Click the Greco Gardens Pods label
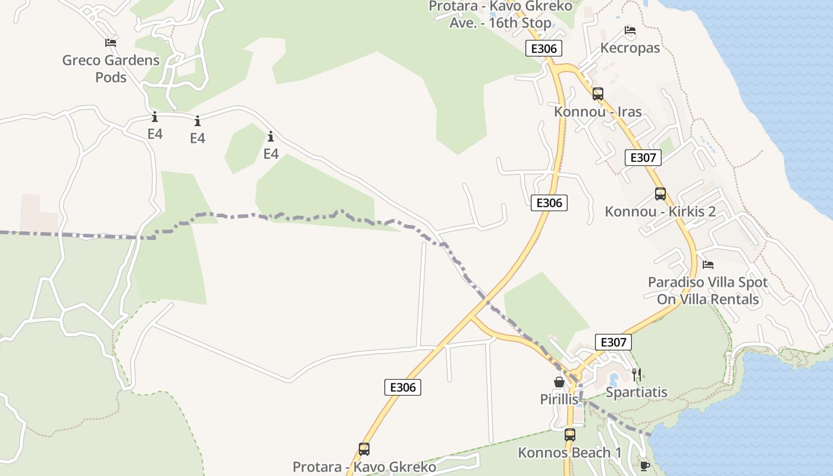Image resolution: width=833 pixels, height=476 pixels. point(111,68)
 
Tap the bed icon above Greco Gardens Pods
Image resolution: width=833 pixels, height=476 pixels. point(111,42)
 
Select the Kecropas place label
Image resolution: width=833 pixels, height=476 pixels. point(630,48)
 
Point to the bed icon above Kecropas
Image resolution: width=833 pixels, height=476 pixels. point(630,30)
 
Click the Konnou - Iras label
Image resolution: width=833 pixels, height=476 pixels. point(597,112)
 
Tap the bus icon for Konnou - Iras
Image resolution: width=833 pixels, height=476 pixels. point(598,93)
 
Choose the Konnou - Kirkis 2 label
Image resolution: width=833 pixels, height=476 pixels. point(660,212)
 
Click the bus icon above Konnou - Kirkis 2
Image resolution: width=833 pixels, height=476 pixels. point(660,193)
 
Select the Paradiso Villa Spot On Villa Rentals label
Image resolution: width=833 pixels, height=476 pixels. point(707,290)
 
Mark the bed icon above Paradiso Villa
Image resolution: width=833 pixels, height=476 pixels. point(708,264)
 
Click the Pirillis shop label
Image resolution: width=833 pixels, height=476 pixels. point(559,399)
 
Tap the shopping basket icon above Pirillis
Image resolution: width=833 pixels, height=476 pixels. point(559,382)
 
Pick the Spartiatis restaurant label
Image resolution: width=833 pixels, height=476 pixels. point(636,392)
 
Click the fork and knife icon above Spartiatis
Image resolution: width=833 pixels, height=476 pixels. point(637,374)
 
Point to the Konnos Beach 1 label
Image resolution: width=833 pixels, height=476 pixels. point(569,453)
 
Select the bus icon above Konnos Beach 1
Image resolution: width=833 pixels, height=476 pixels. point(570,434)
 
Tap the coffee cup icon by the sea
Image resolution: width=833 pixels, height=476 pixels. point(644,466)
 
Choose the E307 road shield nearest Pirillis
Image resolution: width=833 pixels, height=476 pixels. point(613,342)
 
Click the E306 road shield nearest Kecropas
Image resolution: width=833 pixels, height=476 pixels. point(543,48)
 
